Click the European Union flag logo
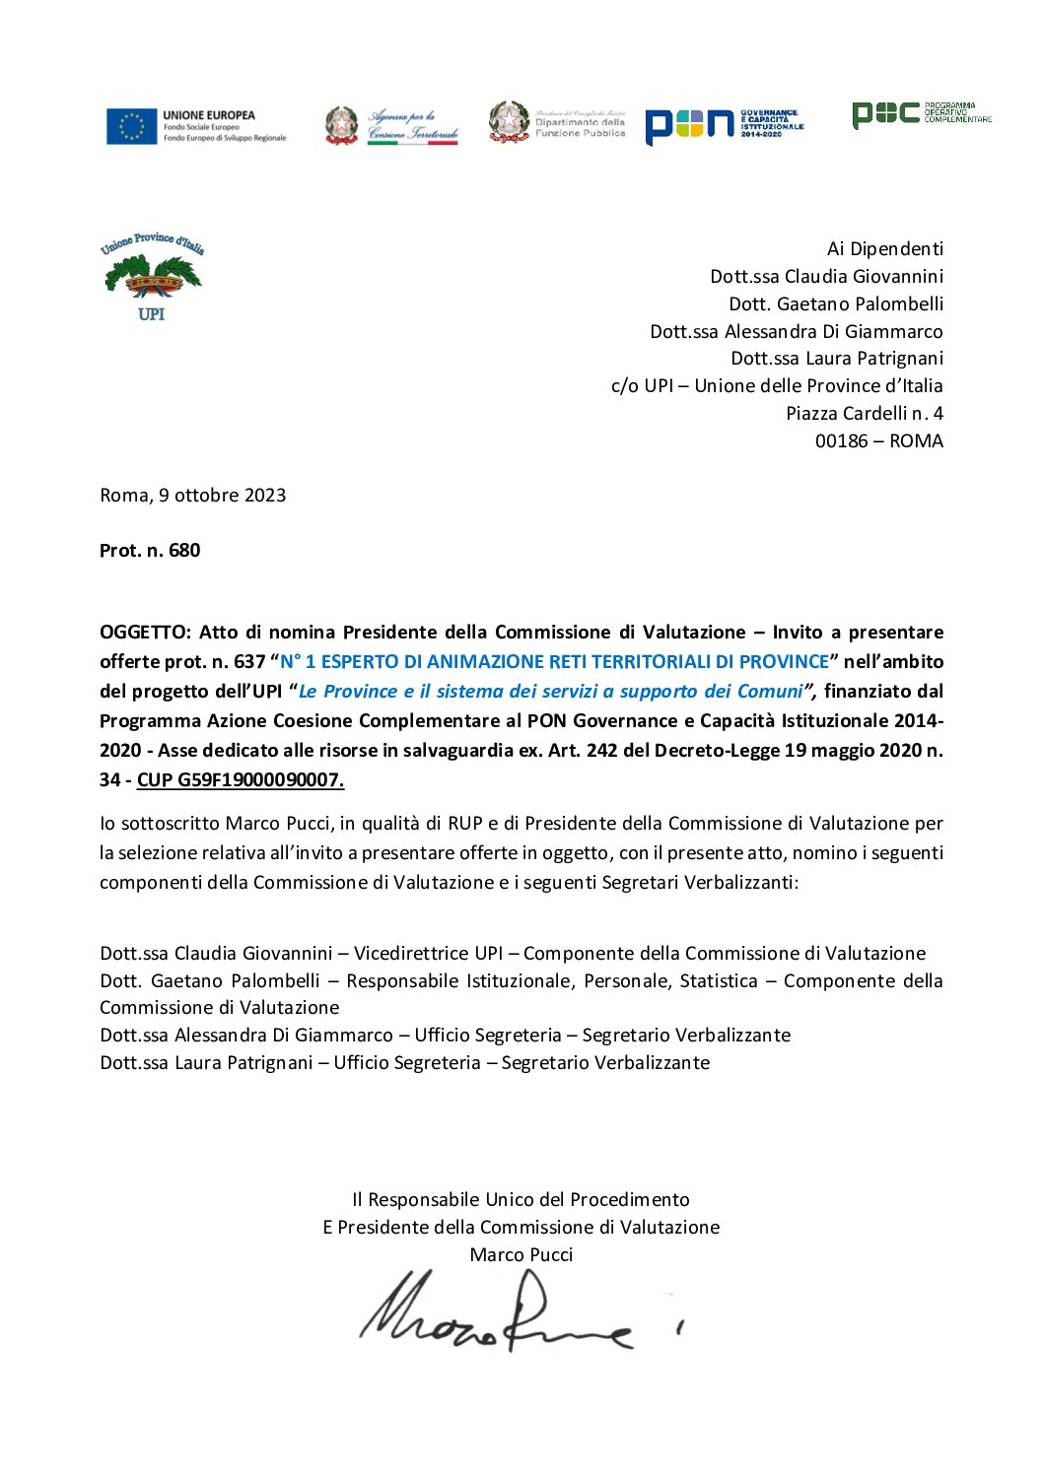coord(132,126)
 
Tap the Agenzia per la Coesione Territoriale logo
coord(391,126)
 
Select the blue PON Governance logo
coord(724,125)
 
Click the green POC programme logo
coord(921,114)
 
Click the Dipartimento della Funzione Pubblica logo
coord(557,124)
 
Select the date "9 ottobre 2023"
coord(222,496)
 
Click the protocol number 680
coord(184,551)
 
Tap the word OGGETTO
coord(144,633)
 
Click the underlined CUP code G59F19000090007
coord(241,780)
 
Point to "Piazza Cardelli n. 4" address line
coord(864,414)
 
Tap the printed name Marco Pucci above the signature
coord(521,1255)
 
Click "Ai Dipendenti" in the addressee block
coord(884,249)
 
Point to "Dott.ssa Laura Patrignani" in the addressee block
coord(836,359)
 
